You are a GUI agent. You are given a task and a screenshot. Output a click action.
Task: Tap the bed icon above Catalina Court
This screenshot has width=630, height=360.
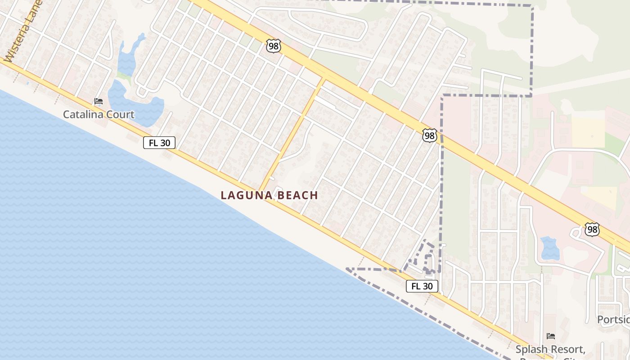coord(98,101)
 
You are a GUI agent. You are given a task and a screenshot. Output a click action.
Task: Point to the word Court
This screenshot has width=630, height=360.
coord(120,114)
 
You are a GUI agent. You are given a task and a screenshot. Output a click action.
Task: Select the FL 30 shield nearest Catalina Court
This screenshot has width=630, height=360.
coord(159,143)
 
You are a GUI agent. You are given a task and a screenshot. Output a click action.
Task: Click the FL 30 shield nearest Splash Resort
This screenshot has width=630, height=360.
coord(422,286)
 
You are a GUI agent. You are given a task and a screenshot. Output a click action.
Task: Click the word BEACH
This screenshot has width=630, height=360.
coord(298,195)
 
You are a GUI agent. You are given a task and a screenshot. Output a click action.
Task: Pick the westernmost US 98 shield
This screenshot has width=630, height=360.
coord(273,45)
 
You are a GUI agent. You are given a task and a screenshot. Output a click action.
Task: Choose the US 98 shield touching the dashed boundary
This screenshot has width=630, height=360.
coord(430,135)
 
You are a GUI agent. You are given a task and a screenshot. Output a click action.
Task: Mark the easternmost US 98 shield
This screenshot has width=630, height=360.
coord(592,229)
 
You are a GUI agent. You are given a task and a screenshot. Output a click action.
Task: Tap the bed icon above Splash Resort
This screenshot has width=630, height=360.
coord(550,336)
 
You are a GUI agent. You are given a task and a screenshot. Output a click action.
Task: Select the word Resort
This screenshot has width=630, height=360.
coord(569,349)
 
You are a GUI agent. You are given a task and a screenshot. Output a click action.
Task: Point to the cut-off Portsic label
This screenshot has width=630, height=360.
coord(613,319)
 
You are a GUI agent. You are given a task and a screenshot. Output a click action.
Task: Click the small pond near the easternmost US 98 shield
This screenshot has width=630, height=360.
coord(549,248)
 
